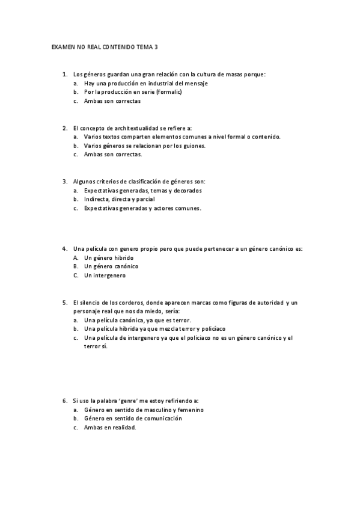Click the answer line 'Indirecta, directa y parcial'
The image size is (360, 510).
[x=120, y=199]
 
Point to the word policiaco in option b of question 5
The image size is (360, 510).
[x=213, y=329]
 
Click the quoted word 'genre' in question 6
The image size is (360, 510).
[x=131, y=400]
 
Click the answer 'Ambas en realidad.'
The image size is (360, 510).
[x=111, y=428]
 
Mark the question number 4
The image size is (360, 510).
[x=64, y=248]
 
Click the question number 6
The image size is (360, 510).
[x=64, y=400]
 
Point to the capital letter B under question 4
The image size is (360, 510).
[x=76, y=266]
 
